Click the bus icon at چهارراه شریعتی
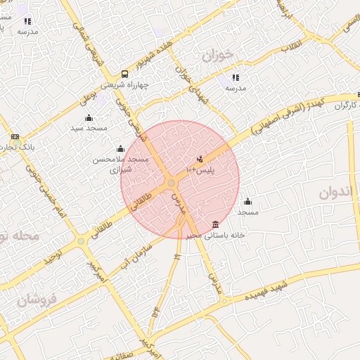click(124, 73)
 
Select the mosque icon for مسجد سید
click(89, 117)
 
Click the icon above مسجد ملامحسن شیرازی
click(120, 148)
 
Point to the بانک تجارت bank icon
click(15, 136)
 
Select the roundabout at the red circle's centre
click(171, 184)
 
